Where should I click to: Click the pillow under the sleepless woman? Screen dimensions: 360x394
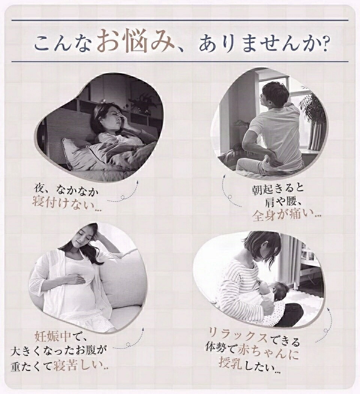coord(78,155)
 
